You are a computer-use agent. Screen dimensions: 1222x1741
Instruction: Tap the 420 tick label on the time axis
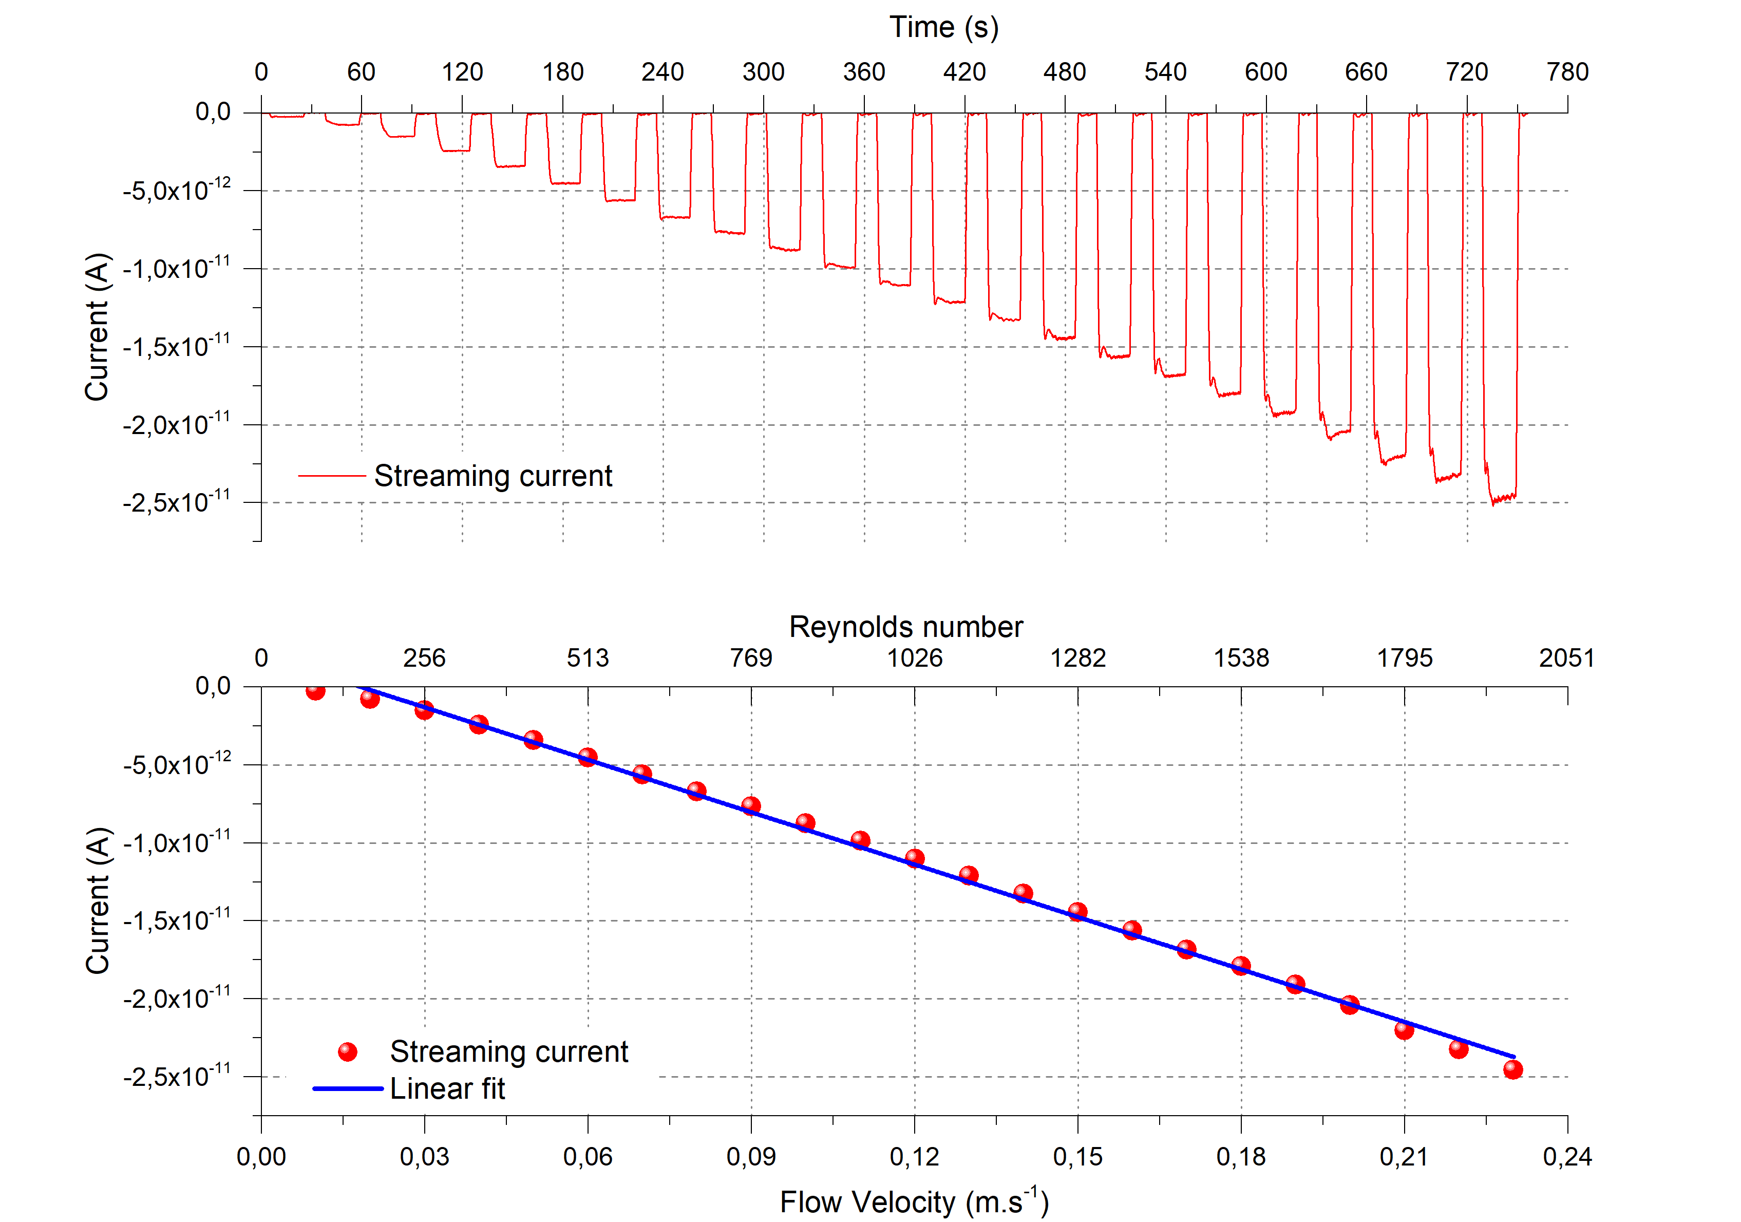tap(964, 72)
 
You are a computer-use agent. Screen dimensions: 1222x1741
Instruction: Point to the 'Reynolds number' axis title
tap(905, 627)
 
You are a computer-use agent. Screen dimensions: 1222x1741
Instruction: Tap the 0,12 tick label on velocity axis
tap(915, 1157)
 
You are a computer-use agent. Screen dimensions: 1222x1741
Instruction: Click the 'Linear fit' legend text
tap(447, 1089)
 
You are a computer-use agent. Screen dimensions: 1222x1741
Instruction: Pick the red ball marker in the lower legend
tap(347, 1052)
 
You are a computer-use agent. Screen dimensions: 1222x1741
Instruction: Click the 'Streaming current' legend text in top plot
tap(493, 476)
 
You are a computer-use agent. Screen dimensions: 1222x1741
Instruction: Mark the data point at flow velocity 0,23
tap(1513, 1069)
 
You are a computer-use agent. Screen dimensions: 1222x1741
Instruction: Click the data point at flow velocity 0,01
tap(315, 690)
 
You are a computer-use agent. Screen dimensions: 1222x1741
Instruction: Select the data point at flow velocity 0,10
tap(805, 823)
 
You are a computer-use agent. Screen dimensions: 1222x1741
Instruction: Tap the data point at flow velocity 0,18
tap(1241, 966)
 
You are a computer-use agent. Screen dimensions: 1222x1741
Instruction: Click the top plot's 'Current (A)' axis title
tap(98, 326)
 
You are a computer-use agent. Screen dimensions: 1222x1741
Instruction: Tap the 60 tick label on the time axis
tap(361, 72)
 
